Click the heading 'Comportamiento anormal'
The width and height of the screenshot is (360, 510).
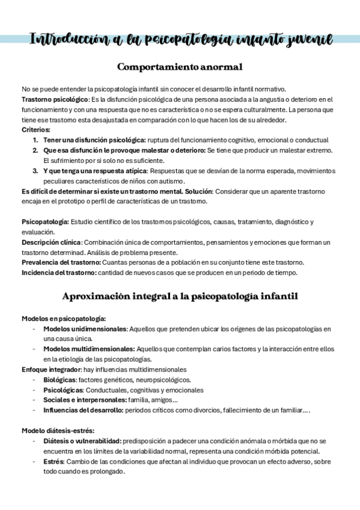pos(180,66)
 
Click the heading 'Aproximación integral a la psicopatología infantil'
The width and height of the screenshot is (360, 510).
pos(180,296)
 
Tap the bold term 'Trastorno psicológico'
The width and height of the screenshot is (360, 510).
pos(55,99)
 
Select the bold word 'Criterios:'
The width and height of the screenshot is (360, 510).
pos(36,129)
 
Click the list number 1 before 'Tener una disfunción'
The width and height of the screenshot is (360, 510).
pos(35,140)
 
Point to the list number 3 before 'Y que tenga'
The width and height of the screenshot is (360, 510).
pos(35,171)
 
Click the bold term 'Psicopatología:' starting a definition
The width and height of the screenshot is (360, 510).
pos(45,222)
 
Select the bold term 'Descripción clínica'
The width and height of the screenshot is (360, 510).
pos(51,242)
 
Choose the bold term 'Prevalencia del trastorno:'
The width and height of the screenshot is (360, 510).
pos(61,262)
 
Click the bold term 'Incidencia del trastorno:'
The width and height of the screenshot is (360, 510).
pos(59,272)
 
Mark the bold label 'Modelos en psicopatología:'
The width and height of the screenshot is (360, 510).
pos(64,318)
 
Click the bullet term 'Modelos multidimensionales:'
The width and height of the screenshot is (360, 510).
pos(89,349)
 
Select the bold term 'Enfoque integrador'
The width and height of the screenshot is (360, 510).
pos(51,369)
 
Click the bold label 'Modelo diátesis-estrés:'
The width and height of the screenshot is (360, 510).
pos(58,431)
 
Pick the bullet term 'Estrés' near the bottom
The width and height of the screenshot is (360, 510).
pos(54,461)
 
